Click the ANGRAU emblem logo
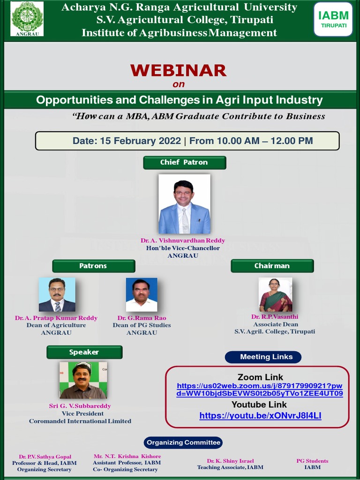(x=27, y=19)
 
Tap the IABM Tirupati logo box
(x=333, y=19)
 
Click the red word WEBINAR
(x=178, y=70)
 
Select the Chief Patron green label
(x=184, y=163)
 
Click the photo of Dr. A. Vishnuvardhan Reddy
(x=184, y=204)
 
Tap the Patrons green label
(x=93, y=266)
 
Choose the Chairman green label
(x=272, y=266)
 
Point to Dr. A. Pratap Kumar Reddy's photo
(x=57, y=295)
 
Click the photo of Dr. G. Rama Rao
(x=142, y=295)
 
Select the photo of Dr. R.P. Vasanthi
(x=275, y=295)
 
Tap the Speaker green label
(x=84, y=352)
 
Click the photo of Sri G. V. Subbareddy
(x=83, y=380)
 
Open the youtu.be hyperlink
(x=260, y=416)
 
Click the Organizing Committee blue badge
(x=183, y=442)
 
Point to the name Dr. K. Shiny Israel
(x=230, y=461)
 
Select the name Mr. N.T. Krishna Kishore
(x=127, y=457)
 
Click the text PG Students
(x=312, y=461)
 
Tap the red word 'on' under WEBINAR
(x=179, y=85)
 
